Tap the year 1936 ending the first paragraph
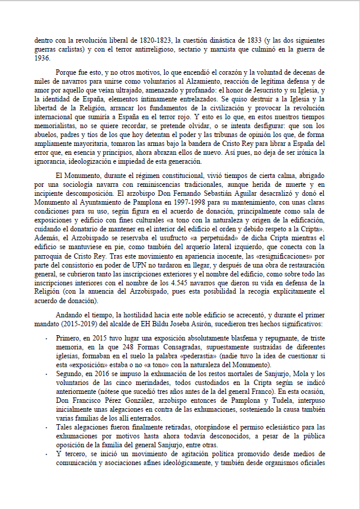(42, 59)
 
